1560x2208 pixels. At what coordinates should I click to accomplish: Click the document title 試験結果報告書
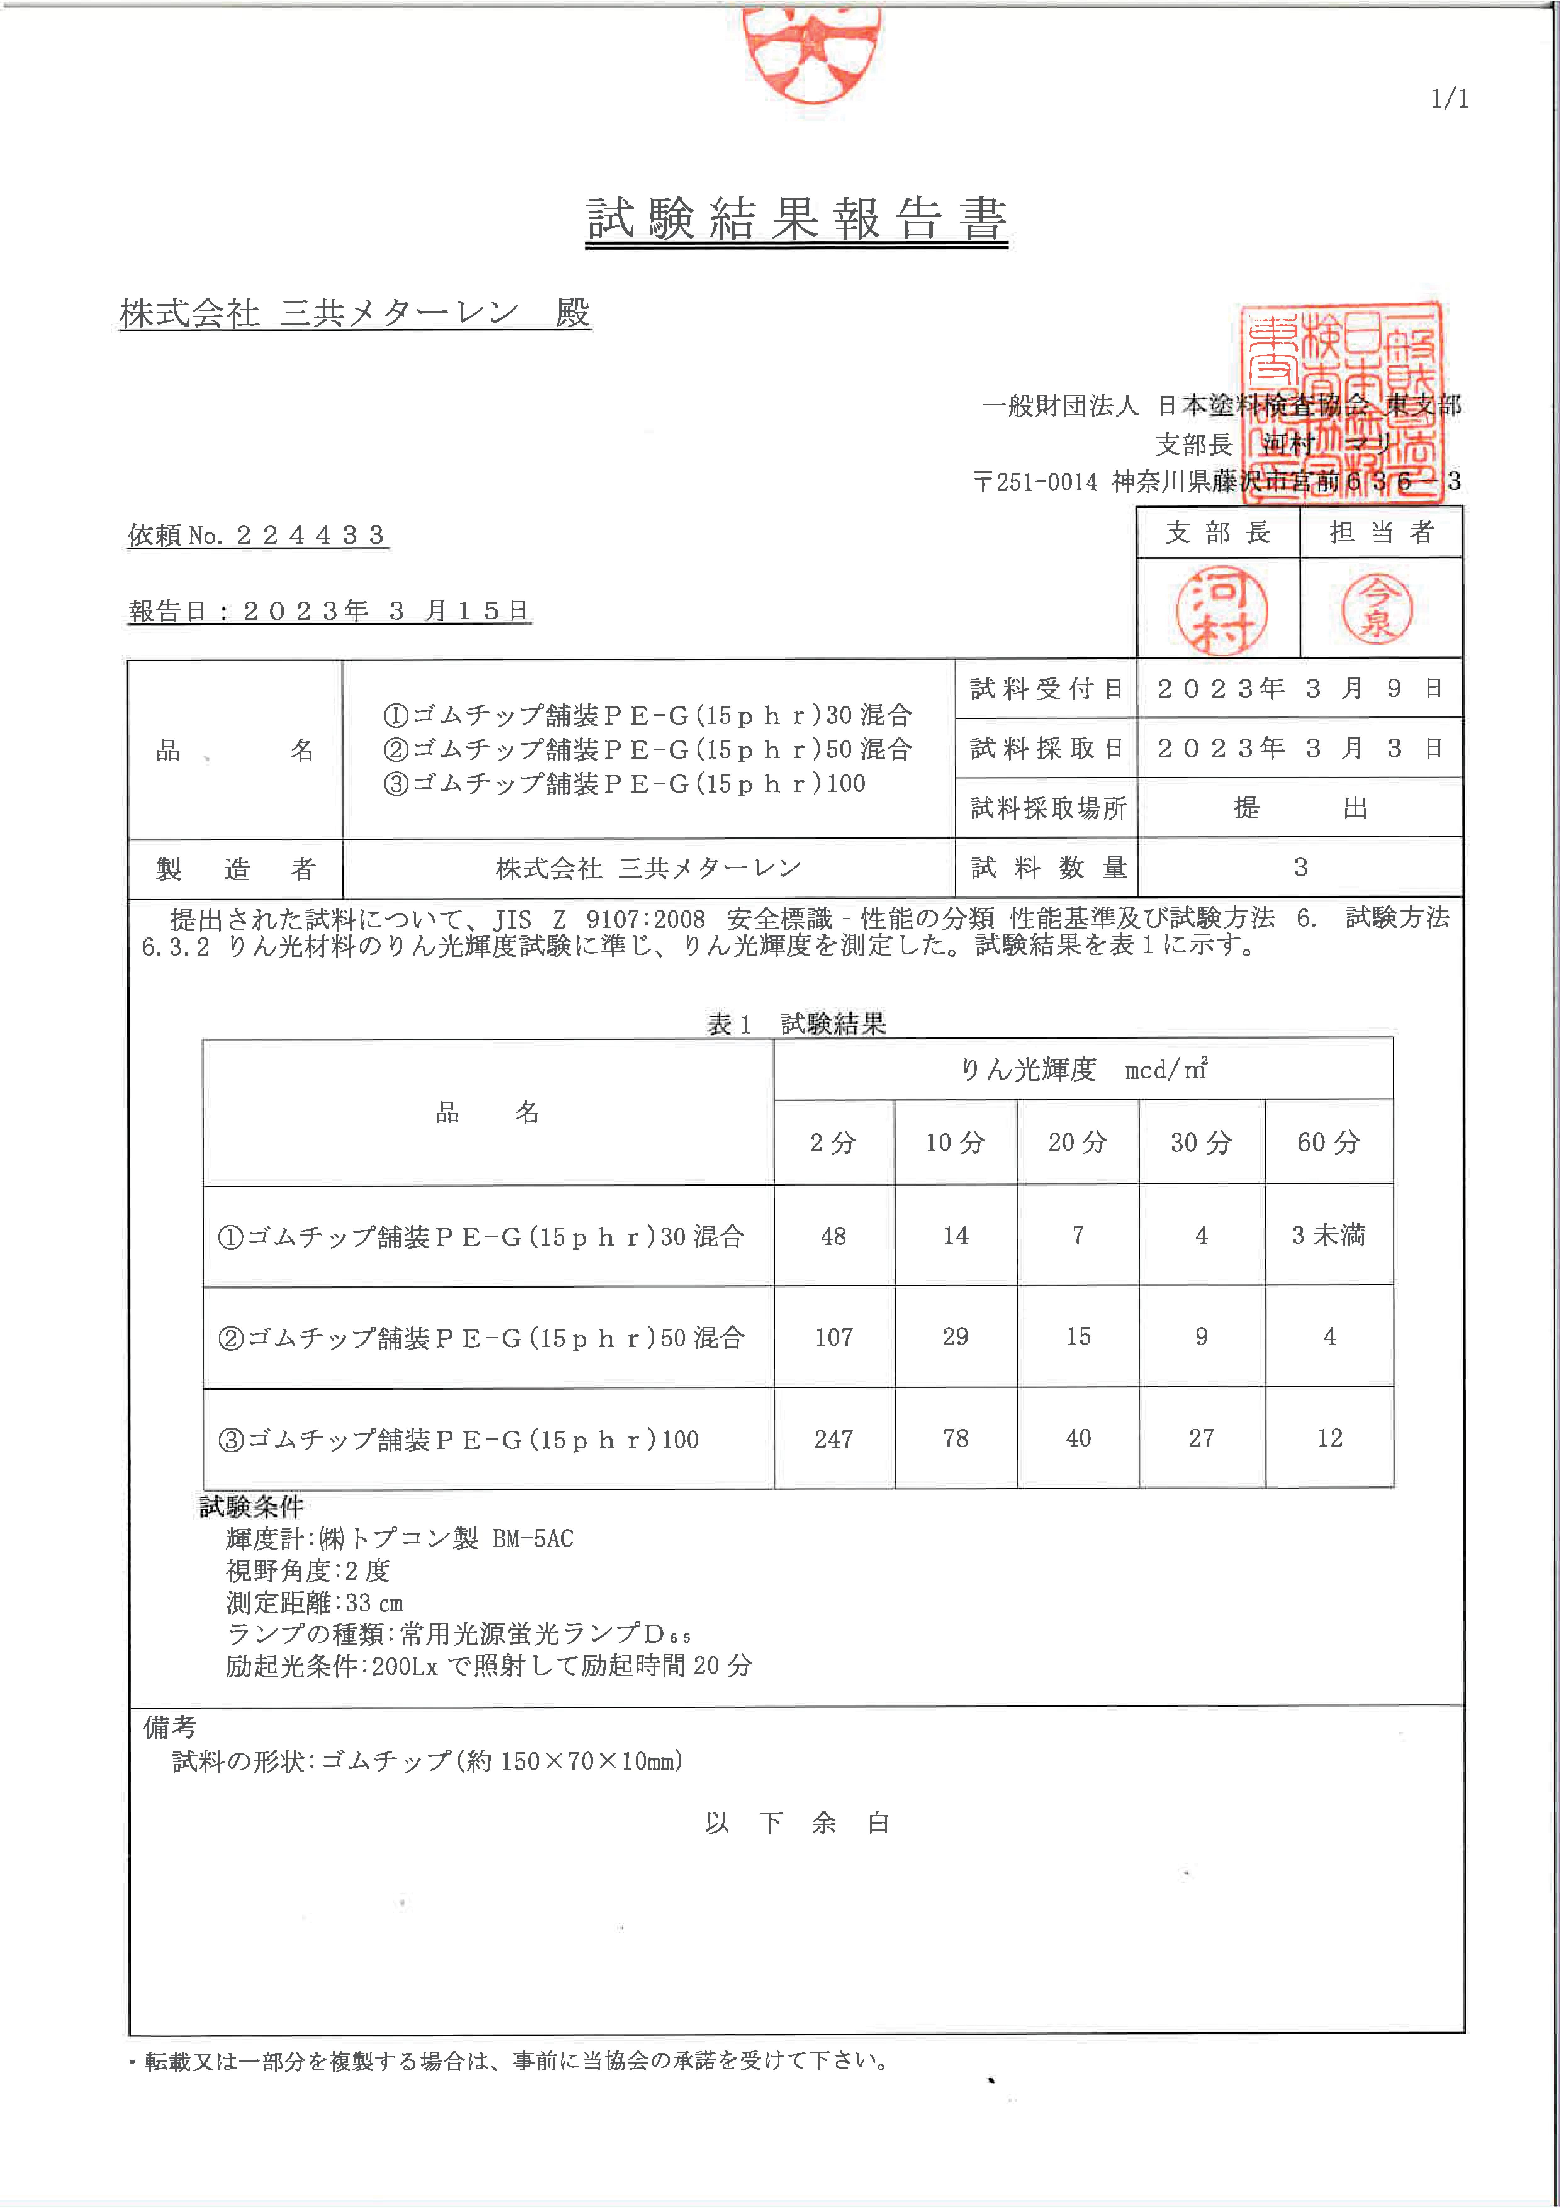796,219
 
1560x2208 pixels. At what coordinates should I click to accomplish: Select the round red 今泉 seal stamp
1377,610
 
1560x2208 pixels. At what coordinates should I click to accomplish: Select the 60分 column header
1328,1143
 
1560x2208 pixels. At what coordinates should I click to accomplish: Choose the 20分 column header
1077,1143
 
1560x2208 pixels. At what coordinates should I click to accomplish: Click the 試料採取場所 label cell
1047,808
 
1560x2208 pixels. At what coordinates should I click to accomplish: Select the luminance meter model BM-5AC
533,1539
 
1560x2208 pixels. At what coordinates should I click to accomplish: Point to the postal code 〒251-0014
1035,482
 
